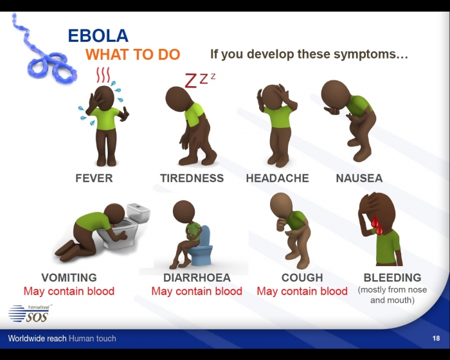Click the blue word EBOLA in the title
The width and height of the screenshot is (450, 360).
tap(98, 35)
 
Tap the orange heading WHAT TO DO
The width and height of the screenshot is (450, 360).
tap(133, 54)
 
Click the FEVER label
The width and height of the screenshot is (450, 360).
tap(94, 178)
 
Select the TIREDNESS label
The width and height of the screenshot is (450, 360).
tap(192, 178)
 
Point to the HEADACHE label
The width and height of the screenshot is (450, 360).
tap(278, 178)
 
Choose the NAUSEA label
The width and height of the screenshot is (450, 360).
tap(359, 178)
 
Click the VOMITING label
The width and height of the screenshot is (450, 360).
tap(69, 278)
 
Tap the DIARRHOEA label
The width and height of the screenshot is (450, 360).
tap(197, 278)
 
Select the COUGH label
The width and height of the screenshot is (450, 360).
tap(302, 278)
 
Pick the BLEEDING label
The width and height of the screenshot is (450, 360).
tap(393, 278)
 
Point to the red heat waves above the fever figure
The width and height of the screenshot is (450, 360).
tap(103, 75)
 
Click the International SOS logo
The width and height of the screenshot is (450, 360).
tap(30, 314)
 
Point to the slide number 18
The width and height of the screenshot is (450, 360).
tap(436, 338)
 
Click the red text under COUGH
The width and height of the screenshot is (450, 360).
tap(302, 291)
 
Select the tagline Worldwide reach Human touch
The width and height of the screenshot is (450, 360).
tap(62, 338)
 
